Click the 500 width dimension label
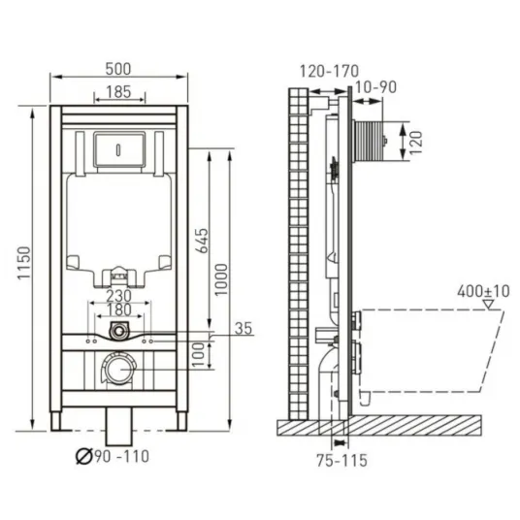pyautogui.click(x=118, y=69)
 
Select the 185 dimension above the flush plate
pyautogui.click(x=118, y=92)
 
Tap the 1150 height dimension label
pyautogui.click(x=24, y=263)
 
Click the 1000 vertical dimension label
pyautogui.click(x=221, y=279)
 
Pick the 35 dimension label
pyautogui.click(x=244, y=328)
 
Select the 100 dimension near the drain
pyautogui.click(x=198, y=354)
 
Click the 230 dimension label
pyautogui.click(x=118, y=296)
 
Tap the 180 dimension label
pyautogui.click(x=118, y=310)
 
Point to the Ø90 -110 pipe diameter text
pyautogui.click(x=113, y=456)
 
